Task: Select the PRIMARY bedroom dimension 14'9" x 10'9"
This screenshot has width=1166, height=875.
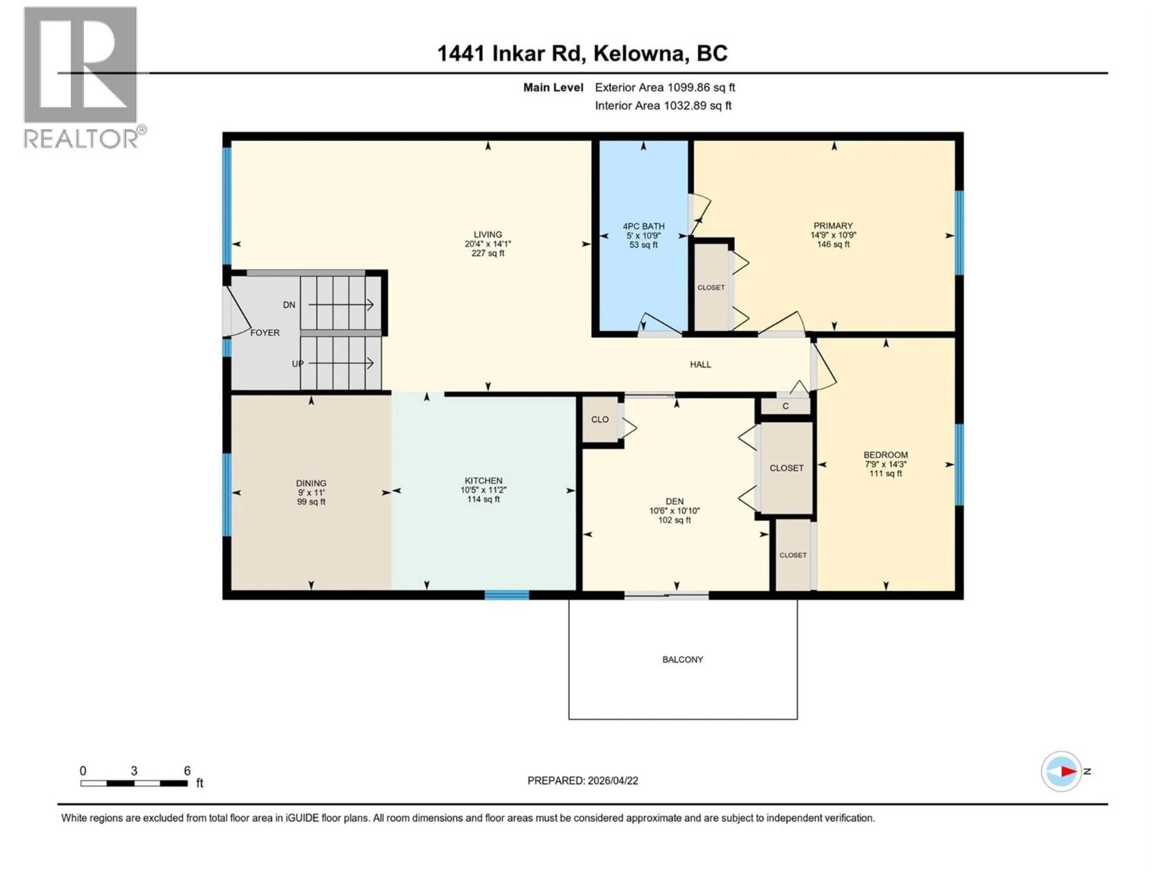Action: [x=833, y=235]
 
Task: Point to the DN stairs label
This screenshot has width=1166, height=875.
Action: [x=289, y=305]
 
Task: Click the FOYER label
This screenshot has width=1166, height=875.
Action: [x=264, y=333]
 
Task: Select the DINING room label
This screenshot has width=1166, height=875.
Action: [x=311, y=483]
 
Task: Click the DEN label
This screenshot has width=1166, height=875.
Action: [x=674, y=502]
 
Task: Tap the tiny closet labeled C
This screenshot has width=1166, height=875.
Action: [x=786, y=406]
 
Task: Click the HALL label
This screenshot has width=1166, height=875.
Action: [x=701, y=365]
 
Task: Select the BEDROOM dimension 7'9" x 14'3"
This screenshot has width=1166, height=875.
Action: [x=885, y=465]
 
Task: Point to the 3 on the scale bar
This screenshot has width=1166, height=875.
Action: [x=134, y=771]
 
